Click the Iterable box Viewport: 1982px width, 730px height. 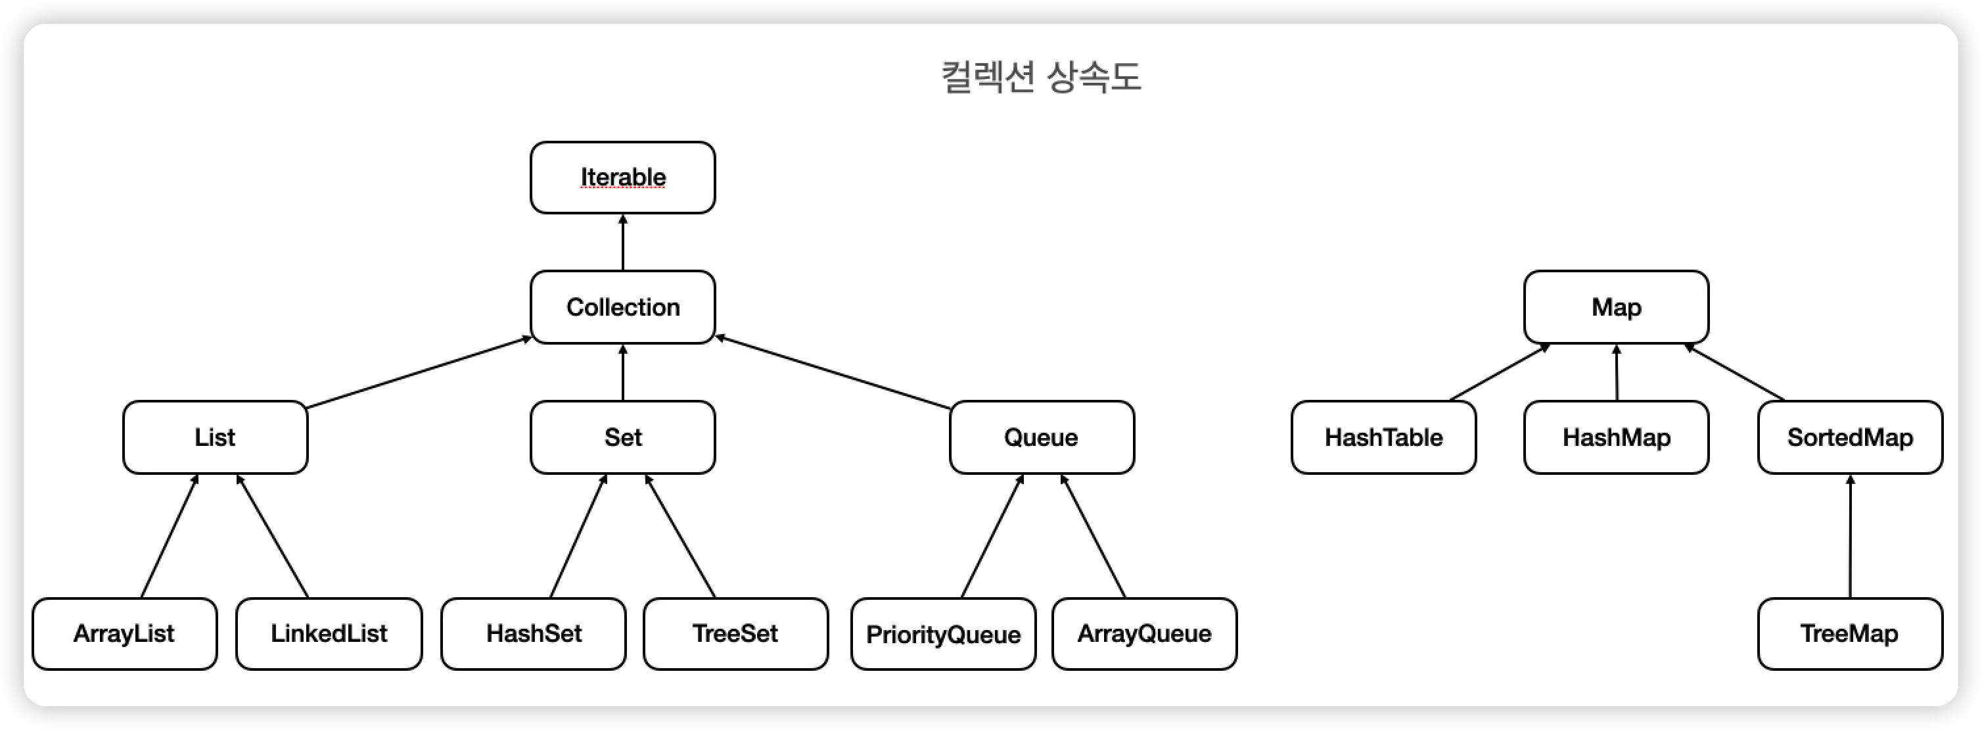click(x=622, y=177)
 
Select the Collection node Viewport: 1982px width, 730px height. click(x=622, y=306)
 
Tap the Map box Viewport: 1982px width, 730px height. click(x=1616, y=306)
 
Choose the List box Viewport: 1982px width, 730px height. click(x=215, y=437)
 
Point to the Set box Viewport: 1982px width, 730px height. click(x=622, y=437)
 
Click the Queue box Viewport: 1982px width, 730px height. click(x=1041, y=437)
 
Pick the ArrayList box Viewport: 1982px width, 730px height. click(x=124, y=633)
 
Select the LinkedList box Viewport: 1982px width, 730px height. click(x=329, y=633)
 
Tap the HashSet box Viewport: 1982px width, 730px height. click(x=533, y=633)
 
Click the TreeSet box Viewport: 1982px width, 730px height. click(x=735, y=633)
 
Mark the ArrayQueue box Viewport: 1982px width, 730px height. click(x=1144, y=633)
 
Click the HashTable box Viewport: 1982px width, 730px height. click(x=1383, y=437)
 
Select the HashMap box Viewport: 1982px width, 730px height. click(x=1616, y=437)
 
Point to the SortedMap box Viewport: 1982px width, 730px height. click(x=1850, y=437)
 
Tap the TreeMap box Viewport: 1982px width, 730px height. click(x=1850, y=633)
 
